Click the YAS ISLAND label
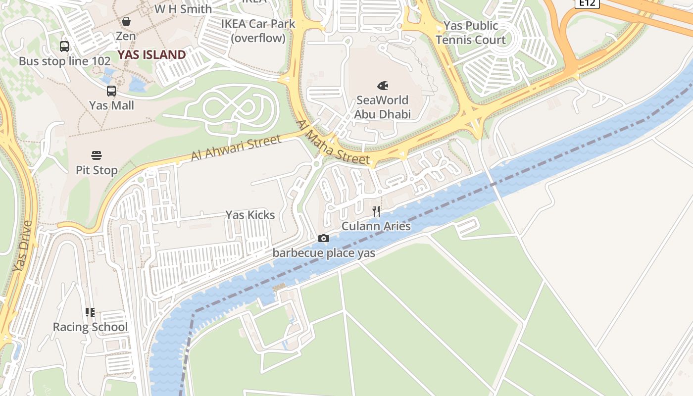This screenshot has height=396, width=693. tap(151, 55)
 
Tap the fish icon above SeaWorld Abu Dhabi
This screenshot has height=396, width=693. tap(383, 86)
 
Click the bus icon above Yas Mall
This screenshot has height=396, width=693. tap(111, 91)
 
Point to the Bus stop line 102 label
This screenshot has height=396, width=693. tap(65, 61)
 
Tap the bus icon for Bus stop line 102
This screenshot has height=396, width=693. tap(64, 47)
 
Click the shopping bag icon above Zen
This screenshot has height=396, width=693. tap(126, 21)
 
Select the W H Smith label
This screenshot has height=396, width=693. tap(183, 9)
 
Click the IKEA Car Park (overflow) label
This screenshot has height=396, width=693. tap(258, 31)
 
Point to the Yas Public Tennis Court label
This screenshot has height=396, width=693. tap(471, 33)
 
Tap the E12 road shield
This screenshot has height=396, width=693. tap(588, 3)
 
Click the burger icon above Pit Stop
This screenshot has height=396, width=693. tap(97, 155)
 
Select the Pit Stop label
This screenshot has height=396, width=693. tap(97, 170)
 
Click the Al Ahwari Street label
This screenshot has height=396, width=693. tap(236, 148)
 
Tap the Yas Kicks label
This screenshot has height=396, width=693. tap(250, 215)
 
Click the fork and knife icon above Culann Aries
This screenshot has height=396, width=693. tap(376, 212)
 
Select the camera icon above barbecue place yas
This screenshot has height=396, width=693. tap(324, 239)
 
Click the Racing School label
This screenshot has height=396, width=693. tap(90, 327)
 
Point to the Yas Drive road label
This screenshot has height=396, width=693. tap(22, 246)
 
